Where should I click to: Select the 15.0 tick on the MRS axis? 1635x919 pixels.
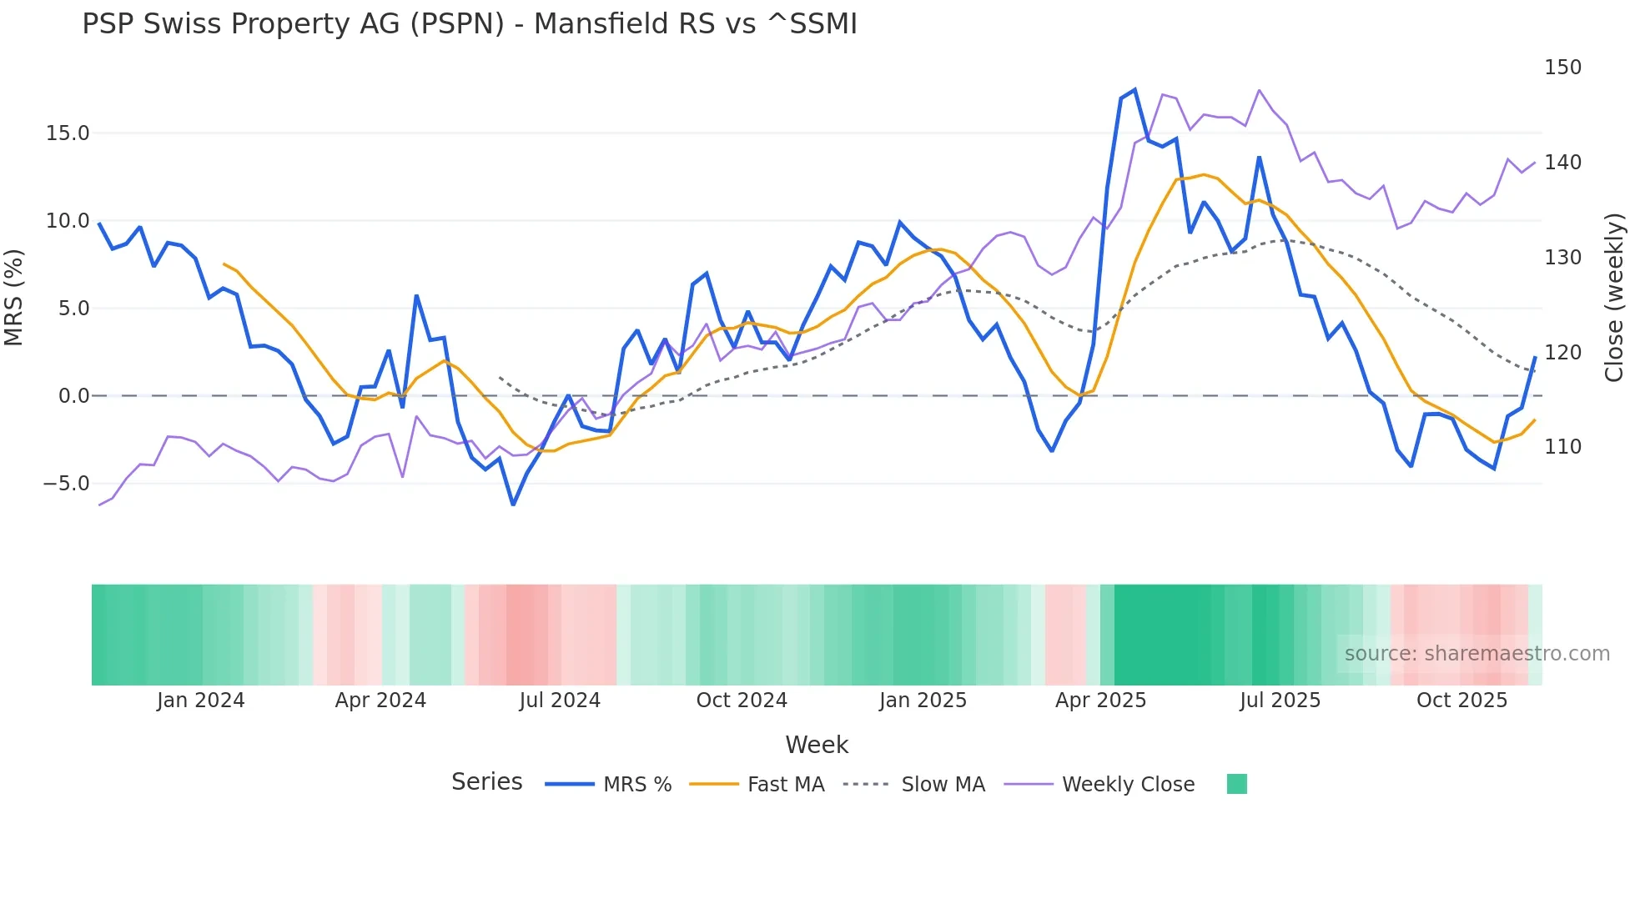67,133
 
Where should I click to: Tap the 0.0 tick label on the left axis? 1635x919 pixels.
73,396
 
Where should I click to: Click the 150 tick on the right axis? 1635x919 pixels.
1562,68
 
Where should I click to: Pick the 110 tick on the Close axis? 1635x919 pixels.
1562,447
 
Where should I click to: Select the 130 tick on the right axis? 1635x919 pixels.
1562,258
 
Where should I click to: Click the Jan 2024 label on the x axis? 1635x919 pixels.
200,701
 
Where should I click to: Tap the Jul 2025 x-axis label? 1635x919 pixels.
1280,701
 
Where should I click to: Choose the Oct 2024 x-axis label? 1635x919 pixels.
742,701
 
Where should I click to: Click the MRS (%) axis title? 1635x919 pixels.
14,298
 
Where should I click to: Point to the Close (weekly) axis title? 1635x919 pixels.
1614,298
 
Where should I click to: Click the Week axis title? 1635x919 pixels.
817,745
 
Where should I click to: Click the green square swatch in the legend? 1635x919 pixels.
1237,784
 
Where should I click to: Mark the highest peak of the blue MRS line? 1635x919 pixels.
1134,90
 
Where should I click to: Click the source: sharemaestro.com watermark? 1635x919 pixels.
1477,654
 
